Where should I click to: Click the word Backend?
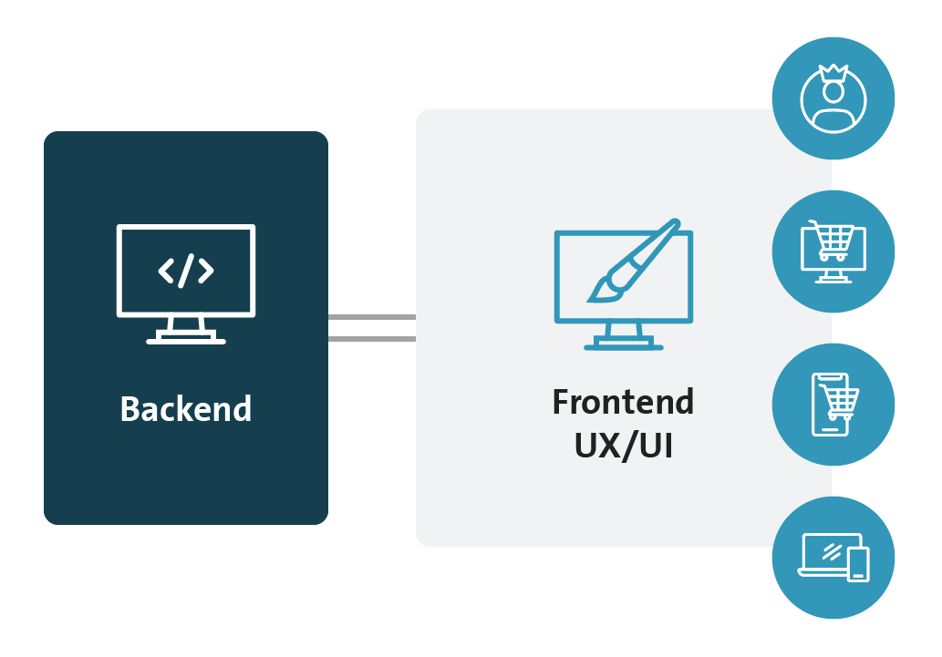[186, 409]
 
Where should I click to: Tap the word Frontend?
[623, 402]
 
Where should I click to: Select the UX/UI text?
[623, 446]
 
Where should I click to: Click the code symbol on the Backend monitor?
[186, 271]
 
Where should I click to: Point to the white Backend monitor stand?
[186, 331]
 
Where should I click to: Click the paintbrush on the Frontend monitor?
[634, 261]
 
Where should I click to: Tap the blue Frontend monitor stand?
[624, 337]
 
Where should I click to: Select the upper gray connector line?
[372, 317]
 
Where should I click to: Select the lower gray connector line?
[372, 339]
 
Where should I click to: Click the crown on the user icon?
[833, 73]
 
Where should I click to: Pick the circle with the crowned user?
[833, 98]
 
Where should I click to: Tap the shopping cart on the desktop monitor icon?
[833, 240]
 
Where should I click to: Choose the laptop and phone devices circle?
[833, 558]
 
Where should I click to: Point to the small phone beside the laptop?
[858, 565]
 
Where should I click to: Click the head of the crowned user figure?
[833, 92]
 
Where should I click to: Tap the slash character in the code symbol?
[186, 271]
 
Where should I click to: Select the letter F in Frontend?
[561, 403]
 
